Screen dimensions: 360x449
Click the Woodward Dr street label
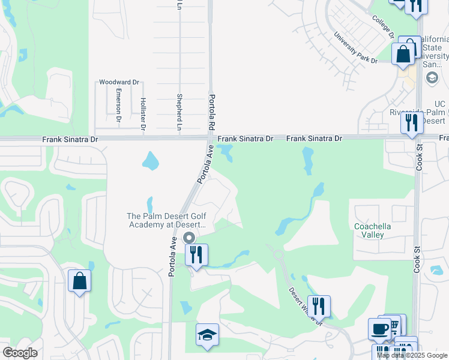pos(119,82)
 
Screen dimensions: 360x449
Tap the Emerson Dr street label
pos(119,103)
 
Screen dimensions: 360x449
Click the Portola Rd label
pos(211,112)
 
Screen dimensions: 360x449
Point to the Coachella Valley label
pos(369,230)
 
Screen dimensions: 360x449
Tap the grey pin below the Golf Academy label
pos(189,238)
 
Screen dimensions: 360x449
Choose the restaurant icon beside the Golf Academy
pos(197,254)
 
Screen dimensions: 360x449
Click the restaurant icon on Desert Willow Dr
pos(319,306)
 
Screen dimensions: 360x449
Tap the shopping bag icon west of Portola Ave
pos(79,281)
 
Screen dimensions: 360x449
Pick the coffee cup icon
pos(379,328)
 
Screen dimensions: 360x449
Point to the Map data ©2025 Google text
pos(411,355)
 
